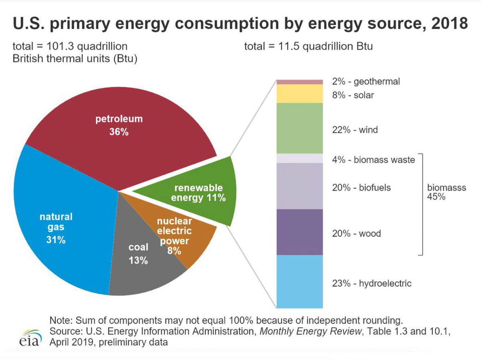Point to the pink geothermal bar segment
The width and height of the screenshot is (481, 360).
(300, 82)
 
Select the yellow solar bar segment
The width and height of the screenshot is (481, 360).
(300, 93)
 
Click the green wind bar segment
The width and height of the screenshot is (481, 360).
(300, 128)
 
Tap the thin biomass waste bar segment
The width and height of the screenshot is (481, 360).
(300, 158)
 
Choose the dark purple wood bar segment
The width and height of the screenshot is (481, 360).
(300, 232)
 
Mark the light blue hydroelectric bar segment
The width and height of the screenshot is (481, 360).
(300, 281)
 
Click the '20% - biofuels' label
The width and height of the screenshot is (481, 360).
(361, 187)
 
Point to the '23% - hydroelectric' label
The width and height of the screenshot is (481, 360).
(372, 283)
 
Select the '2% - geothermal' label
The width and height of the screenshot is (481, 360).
(366, 81)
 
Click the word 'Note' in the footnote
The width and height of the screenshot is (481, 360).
(59, 320)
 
